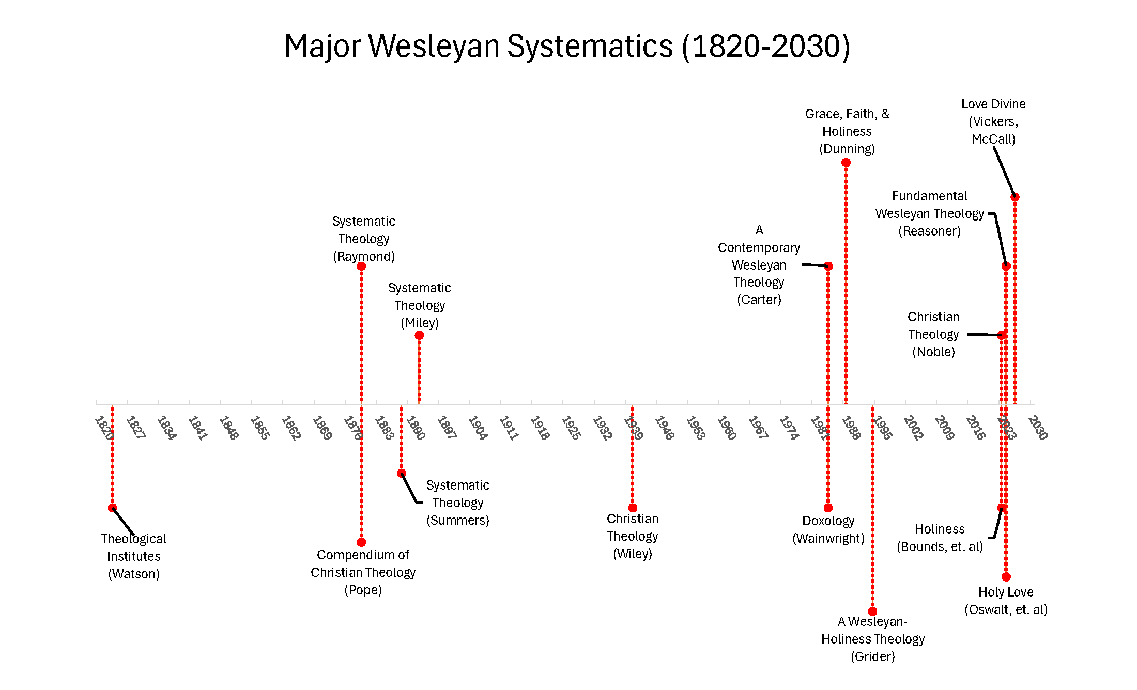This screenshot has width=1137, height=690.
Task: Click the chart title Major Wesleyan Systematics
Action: pos(567,46)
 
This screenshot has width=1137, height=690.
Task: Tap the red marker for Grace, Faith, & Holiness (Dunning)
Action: pos(846,163)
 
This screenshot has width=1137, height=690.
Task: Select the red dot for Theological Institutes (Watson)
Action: pos(112,508)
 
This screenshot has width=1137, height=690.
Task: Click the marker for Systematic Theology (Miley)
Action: pos(419,335)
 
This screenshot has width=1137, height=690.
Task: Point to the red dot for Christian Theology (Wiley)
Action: pos(633,508)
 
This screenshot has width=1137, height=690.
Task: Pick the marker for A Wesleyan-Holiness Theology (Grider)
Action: pos(872,611)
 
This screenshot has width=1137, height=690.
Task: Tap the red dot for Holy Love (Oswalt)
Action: pos(1006,577)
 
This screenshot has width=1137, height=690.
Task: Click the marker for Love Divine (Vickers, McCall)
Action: pos(1015,197)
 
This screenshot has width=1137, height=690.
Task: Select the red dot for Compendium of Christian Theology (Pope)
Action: pos(361,542)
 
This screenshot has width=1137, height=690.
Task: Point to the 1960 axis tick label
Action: pos(727,428)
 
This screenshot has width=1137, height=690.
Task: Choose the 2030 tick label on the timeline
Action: pos(1038,428)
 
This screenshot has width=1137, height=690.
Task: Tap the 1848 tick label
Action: pos(228,428)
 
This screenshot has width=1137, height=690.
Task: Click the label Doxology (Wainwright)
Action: pos(828,529)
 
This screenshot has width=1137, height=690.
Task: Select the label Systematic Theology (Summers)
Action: pos(457,503)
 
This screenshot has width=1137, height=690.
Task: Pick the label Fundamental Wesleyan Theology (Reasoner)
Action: pos(929,213)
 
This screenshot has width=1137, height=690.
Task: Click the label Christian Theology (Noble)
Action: pos(933,334)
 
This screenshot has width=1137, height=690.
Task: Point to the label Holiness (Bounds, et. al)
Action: pos(940,538)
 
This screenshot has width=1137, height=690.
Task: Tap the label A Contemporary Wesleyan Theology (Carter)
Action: pos(759,265)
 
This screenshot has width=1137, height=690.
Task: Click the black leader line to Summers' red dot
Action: pos(409,488)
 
